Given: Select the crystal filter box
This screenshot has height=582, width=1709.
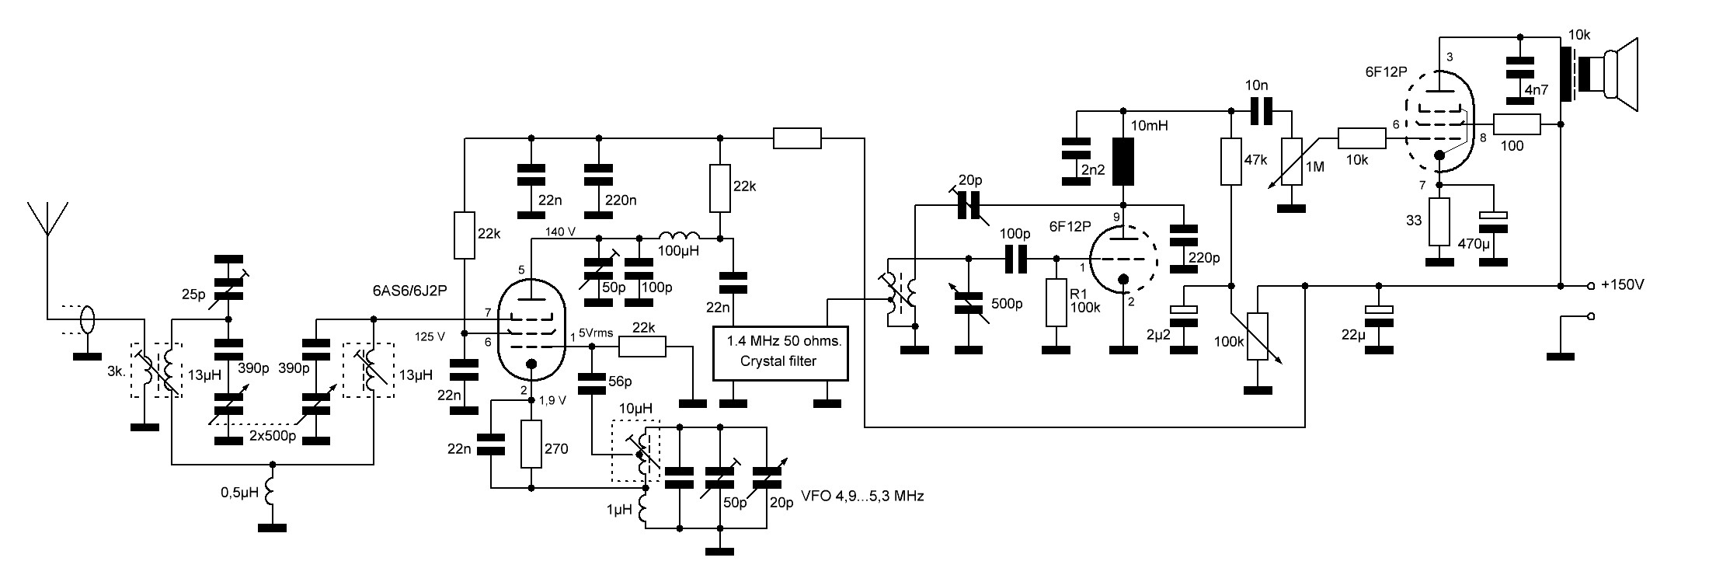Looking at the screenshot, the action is tap(780, 351).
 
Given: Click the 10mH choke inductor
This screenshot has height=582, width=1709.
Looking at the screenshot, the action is tap(1123, 161).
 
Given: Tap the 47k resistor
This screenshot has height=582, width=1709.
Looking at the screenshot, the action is tap(1231, 162).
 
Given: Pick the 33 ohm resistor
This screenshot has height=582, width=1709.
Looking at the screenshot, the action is tap(1439, 221).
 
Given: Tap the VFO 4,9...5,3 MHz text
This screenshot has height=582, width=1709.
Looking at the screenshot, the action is tap(862, 495).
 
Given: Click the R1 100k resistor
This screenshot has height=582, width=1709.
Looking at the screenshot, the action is tap(1056, 303).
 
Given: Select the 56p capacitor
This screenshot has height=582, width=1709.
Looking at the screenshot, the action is tap(593, 382).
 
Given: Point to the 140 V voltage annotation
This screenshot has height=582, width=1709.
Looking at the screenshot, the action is tap(561, 232).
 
